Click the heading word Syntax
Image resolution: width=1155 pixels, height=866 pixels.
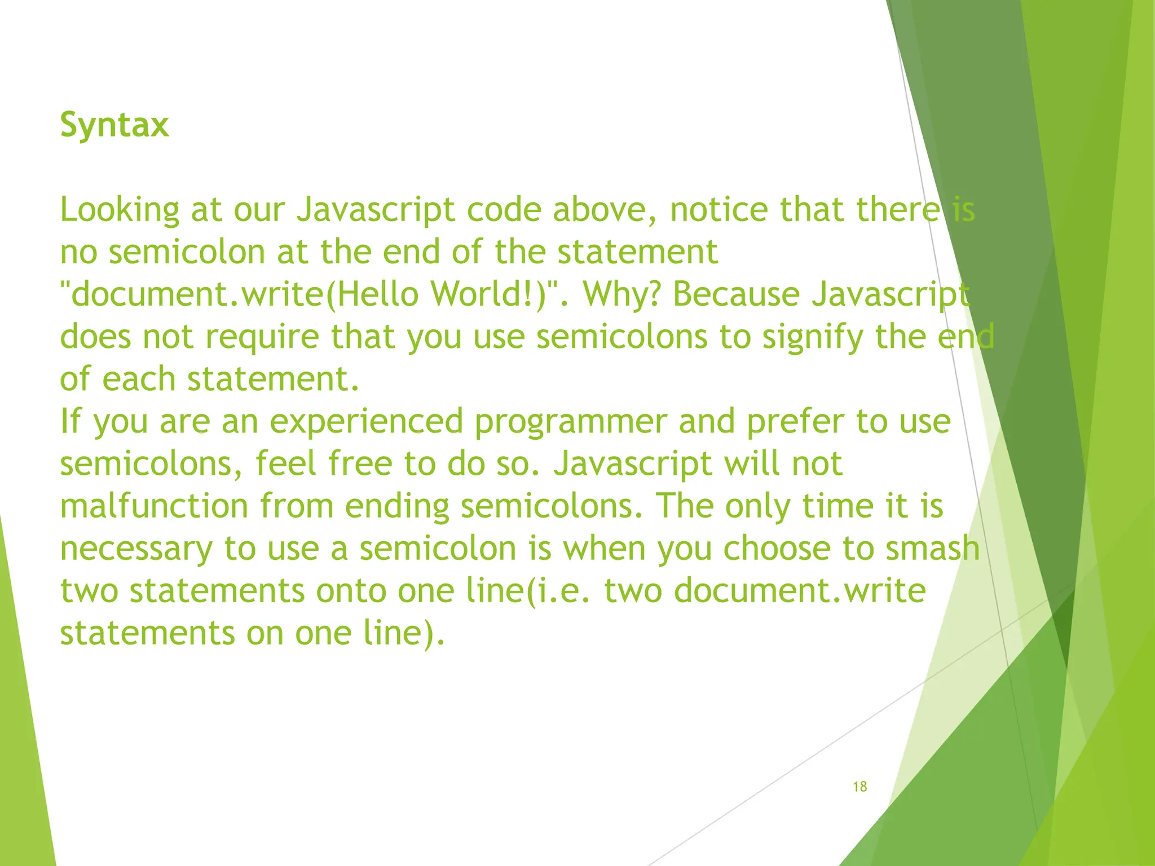(114, 125)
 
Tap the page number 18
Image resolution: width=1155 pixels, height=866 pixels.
(859, 787)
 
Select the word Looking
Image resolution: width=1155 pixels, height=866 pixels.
(120, 210)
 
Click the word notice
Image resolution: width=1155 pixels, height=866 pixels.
(718, 210)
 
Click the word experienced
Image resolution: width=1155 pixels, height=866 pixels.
(367, 422)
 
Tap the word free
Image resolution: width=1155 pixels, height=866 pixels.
(360, 463)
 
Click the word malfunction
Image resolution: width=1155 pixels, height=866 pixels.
(154, 506)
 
